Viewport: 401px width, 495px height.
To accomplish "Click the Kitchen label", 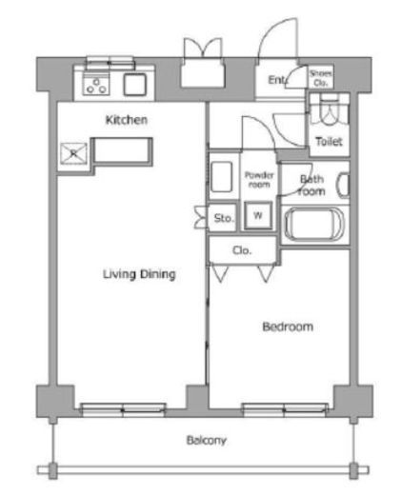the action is point(127,120).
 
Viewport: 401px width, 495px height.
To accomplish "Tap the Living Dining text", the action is point(139,274).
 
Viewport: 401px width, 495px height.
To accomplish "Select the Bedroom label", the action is point(288,327).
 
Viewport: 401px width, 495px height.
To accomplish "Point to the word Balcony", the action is point(207,441).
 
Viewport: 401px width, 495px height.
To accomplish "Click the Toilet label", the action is point(329,141).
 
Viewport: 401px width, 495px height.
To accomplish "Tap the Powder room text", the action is point(259,180).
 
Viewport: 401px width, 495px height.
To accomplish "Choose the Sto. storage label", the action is point(224,218).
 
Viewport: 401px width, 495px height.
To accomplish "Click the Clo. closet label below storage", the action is point(242,250).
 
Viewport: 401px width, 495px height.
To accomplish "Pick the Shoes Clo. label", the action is point(321,78).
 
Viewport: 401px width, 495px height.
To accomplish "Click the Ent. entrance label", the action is point(277,80).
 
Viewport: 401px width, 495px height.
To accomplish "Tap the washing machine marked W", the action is point(258,215).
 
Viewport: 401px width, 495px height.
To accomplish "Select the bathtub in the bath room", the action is point(314,225).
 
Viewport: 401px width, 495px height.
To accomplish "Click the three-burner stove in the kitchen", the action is point(96,84).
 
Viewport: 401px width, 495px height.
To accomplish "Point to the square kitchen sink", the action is point(135,84).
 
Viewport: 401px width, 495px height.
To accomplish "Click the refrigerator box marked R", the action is point(73,153).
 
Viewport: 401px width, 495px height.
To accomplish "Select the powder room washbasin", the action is point(221,177).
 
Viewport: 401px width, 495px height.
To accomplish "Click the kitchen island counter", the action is point(122,151).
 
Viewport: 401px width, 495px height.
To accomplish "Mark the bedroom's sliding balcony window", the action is point(285,409).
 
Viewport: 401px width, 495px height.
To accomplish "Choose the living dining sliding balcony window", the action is point(123,409).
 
